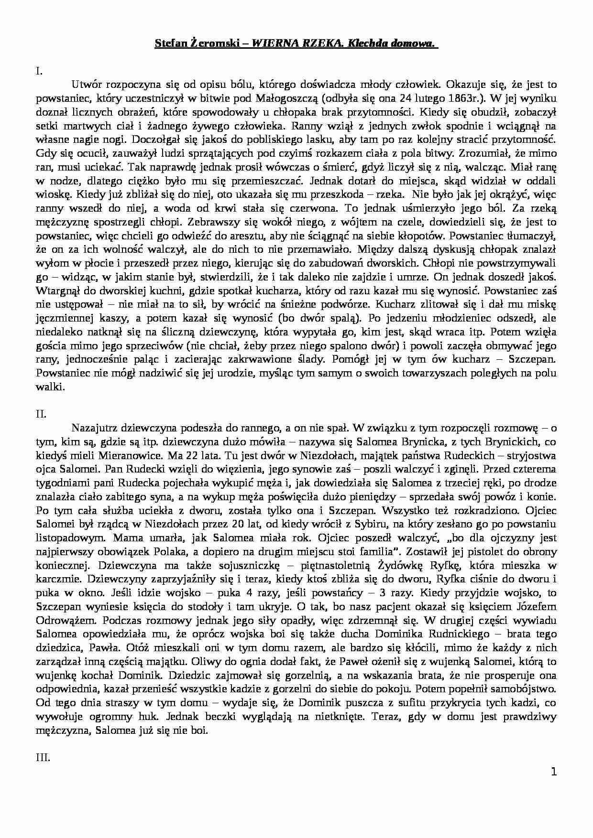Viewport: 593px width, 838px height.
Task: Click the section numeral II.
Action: tap(41, 414)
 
